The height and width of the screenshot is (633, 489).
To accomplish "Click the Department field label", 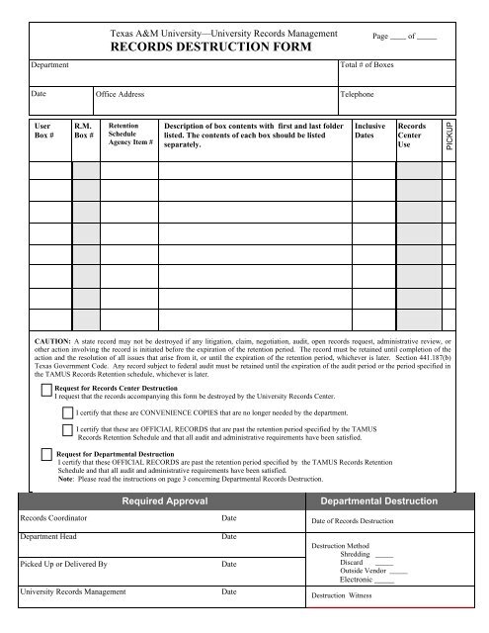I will click(45, 62).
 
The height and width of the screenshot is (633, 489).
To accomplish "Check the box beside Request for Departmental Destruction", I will click(45, 454).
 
